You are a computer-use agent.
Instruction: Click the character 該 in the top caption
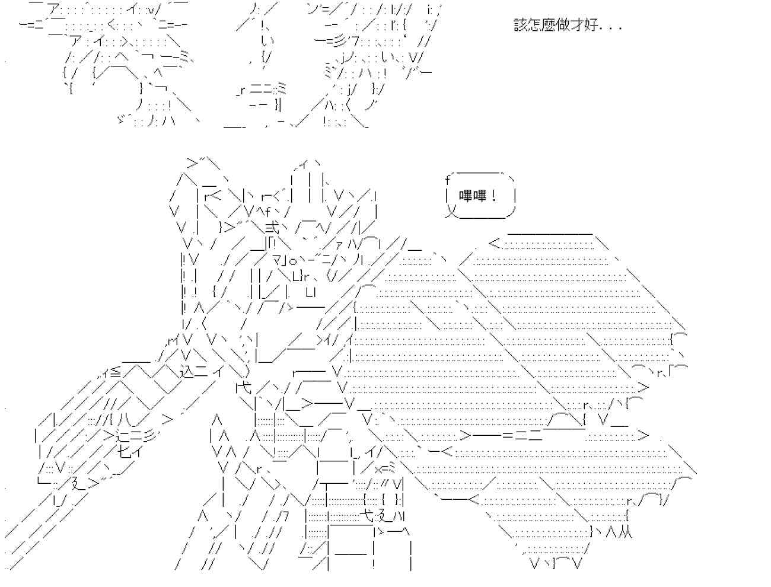(x=520, y=25)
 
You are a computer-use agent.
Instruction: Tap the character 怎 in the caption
(x=534, y=25)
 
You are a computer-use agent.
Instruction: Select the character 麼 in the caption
(x=549, y=25)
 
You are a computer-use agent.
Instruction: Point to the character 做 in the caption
(x=563, y=25)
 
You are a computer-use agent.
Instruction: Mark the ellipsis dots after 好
(x=611, y=28)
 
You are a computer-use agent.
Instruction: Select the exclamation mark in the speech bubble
(x=493, y=196)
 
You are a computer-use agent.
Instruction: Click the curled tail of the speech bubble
(x=451, y=211)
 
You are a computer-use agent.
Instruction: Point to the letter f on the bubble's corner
(x=448, y=178)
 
